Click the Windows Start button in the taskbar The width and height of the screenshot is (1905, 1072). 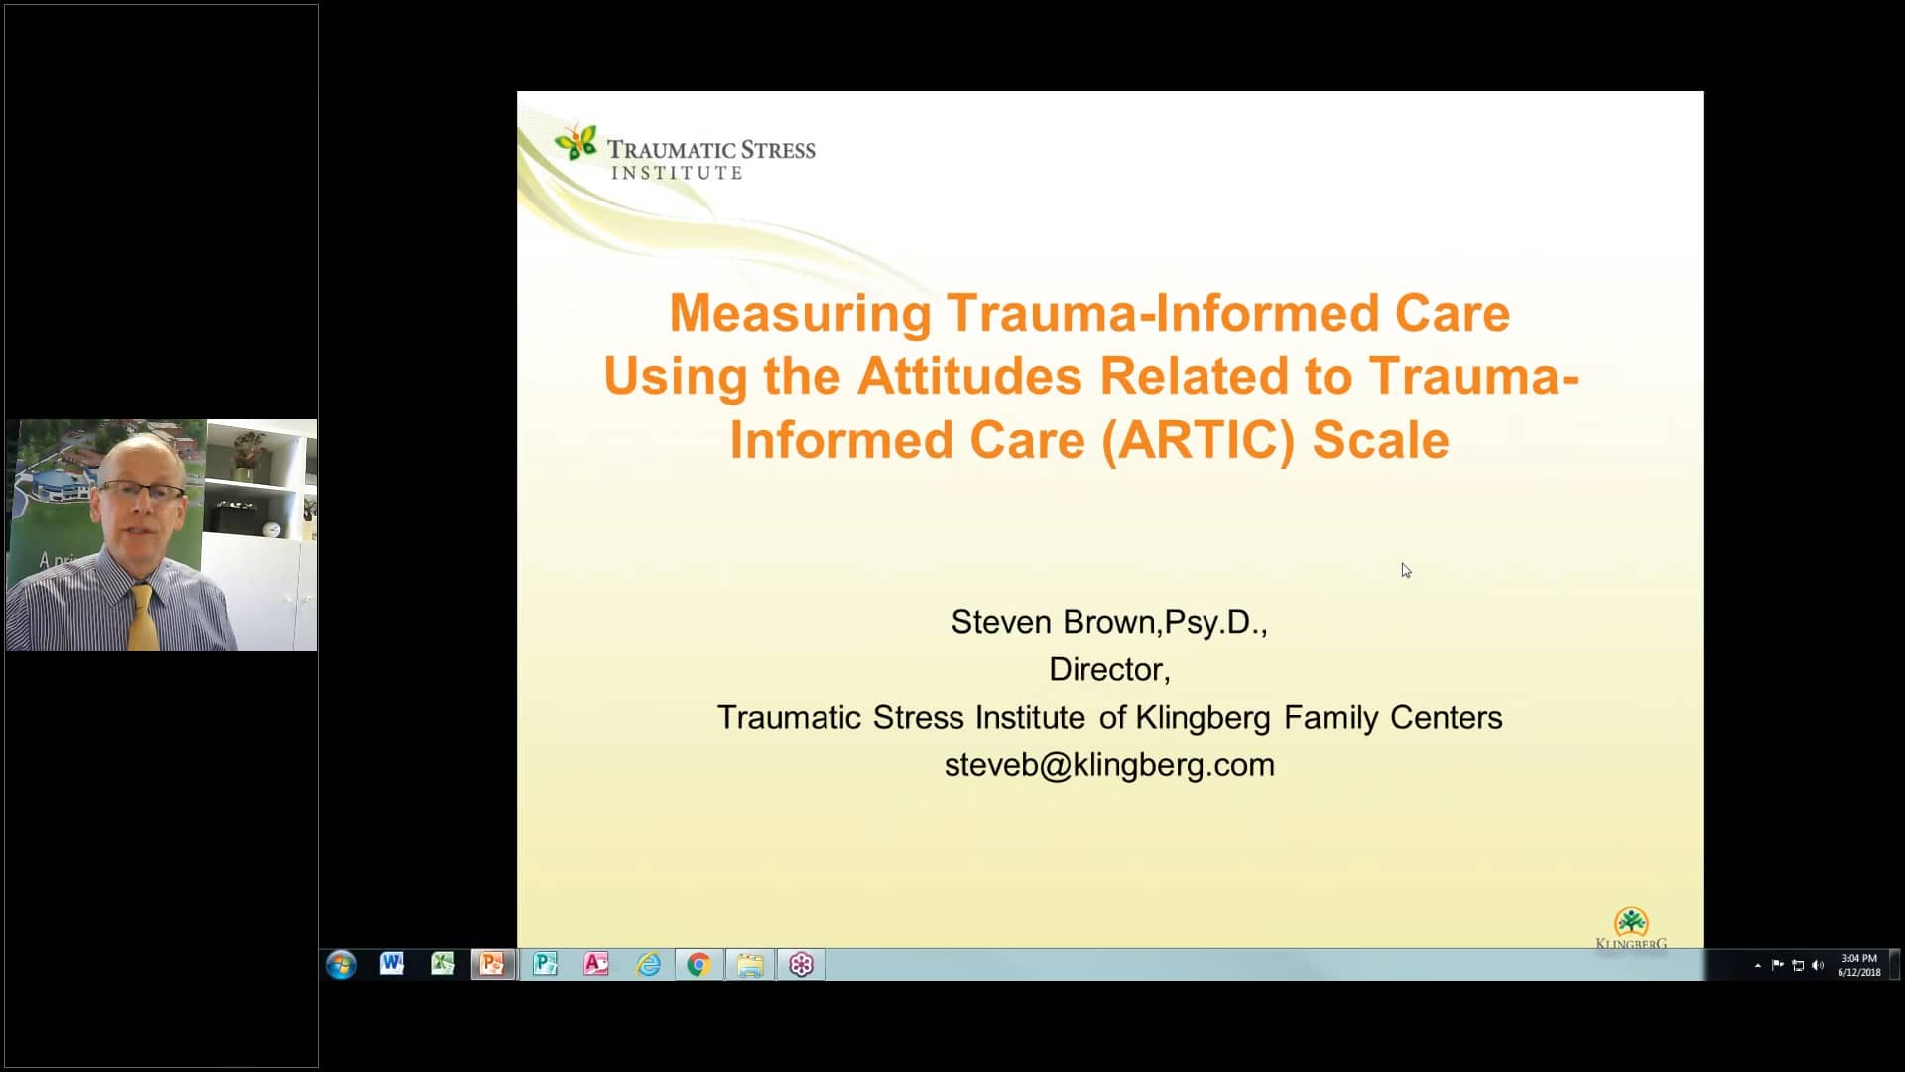click(x=341, y=965)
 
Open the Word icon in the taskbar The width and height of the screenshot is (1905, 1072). click(x=392, y=964)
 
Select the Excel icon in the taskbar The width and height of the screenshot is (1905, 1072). click(x=443, y=964)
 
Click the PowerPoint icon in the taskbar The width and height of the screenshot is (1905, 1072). click(x=493, y=964)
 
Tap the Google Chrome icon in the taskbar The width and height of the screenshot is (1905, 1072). click(x=698, y=965)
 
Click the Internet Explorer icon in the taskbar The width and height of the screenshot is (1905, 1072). click(x=648, y=965)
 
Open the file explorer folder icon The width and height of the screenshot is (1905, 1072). click(x=750, y=965)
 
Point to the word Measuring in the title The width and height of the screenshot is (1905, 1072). click(x=800, y=313)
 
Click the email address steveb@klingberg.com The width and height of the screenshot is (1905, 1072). click(x=1108, y=765)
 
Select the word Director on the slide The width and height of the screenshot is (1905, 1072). click(x=1106, y=670)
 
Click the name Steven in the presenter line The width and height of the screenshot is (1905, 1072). click(x=1000, y=622)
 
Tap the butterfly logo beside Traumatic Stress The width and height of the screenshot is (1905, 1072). click(x=576, y=143)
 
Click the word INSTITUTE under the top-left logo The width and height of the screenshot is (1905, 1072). click(x=677, y=174)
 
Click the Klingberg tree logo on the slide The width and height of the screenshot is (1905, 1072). click(x=1631, y=923)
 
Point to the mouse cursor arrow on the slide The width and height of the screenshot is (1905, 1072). click(x=1406, y=570)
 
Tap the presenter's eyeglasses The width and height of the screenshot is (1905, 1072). click(x=144, y=491)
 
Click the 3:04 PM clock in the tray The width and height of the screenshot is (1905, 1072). click(x=1858, y=959)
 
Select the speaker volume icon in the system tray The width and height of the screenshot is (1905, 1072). click(x=1818, y=965)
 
